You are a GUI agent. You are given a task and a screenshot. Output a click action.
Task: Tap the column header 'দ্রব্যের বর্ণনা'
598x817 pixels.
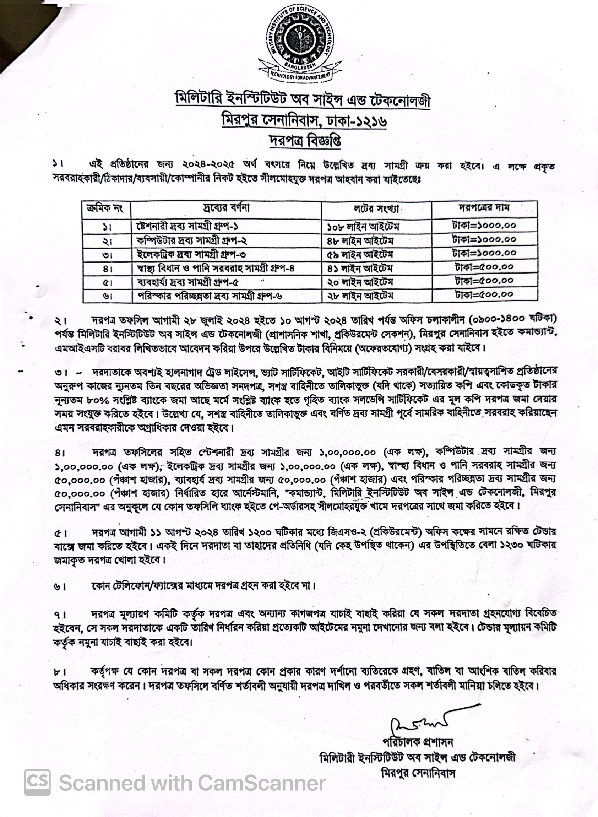point(226,209)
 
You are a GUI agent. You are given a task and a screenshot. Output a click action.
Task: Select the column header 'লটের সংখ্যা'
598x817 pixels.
point(376,209)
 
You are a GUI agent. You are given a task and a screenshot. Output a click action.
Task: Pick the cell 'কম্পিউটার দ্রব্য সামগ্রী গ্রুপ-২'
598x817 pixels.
point(192,241)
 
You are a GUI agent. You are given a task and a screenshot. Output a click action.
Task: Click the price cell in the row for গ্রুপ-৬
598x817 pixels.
point(484,295)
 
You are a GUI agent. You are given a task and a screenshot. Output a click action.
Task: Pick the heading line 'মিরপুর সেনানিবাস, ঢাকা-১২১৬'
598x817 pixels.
point(304,120)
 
